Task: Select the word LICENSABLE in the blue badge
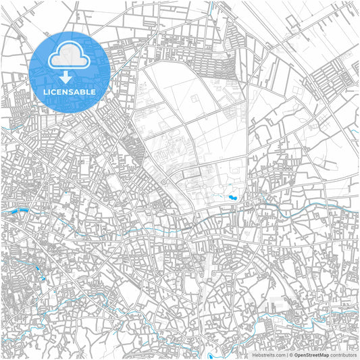[x=70, y=91]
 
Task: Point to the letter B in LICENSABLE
[x=83, y=91]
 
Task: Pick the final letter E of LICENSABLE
[x=93, y=91]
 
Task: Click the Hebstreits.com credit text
[x=269, y=355]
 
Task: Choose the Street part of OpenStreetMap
[x=314, y=355]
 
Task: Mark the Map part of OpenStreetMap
[x=325, y=355]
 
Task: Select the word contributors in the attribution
[x=344, y=355]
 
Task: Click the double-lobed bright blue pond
[x=232, y=198]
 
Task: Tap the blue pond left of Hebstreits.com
[x=211, y=355]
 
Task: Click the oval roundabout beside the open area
[x=164, y=182]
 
